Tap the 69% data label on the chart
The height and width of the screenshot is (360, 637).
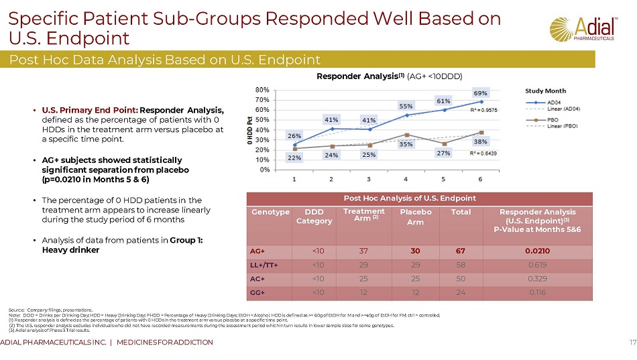[481, 93]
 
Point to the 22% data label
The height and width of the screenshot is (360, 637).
[294, 158]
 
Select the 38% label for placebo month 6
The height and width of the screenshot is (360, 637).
[481, 142]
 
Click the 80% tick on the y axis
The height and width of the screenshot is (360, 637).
[262, 89]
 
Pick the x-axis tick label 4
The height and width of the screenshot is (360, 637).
[406, 180]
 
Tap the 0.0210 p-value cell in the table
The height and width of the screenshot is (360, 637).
[537, 251]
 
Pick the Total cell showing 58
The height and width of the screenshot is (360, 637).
[461, 265]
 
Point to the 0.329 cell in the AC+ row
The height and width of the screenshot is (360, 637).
[537, 278]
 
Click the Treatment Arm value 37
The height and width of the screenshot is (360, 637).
[363, 251]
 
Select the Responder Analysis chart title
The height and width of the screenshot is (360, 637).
[390, 75]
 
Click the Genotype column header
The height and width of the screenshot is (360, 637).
[270, 211]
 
